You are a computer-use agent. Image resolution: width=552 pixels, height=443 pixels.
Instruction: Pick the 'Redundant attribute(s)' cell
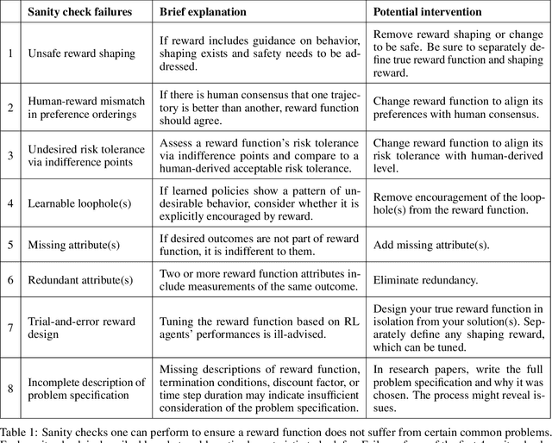[80, 280]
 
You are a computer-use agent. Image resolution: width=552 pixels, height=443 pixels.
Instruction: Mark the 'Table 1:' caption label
[22, 431]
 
